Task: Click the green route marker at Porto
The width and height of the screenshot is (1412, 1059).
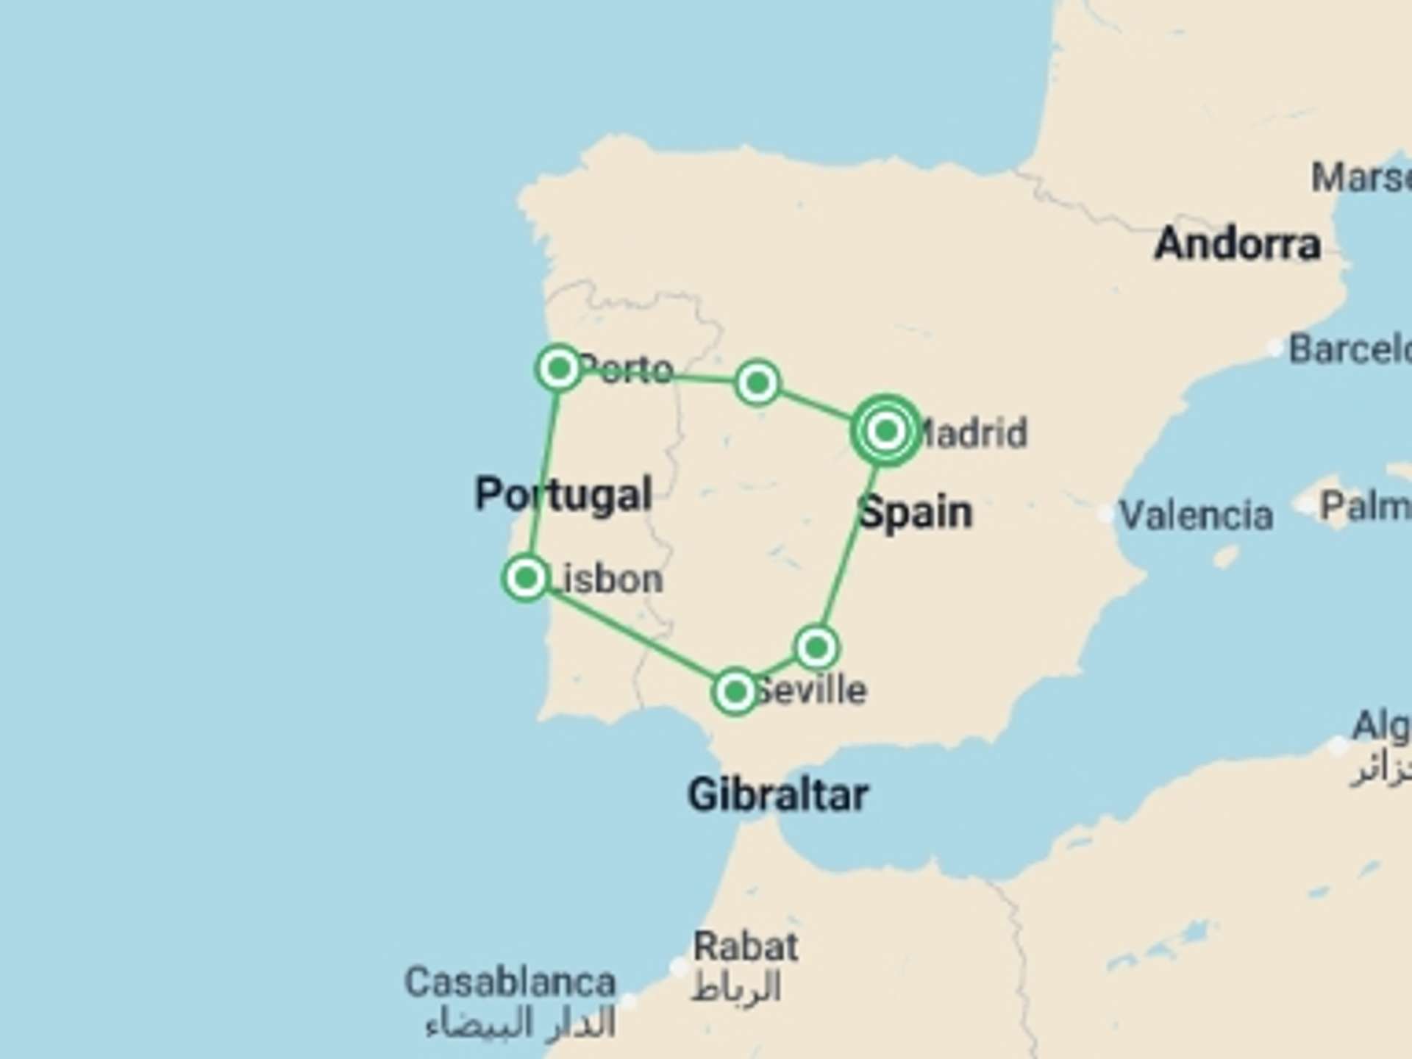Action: tap(559, 367)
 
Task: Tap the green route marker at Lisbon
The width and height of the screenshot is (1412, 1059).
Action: tap(526, 578)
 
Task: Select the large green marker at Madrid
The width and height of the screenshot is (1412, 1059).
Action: tap(886, 431)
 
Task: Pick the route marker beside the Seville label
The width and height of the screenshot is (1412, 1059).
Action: tap(735, 691)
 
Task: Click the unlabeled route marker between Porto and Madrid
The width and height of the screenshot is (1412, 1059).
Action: tap(757, 382)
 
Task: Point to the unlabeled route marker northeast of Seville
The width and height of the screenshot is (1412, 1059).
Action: tap(816, 648)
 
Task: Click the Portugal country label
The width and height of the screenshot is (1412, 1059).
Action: tap(563, 494)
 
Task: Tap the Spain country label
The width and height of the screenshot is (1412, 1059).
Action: tap(916, 513)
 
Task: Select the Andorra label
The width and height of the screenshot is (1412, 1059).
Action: tap(1238, 244)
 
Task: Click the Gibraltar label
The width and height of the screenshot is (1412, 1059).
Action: tap(778, 795)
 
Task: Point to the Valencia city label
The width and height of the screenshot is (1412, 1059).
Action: tap(1197, 515)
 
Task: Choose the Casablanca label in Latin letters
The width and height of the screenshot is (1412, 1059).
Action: tap(510, 983)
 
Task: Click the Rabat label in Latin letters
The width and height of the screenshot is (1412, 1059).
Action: tap(746, 946)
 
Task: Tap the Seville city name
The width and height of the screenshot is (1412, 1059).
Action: tap(811, 691)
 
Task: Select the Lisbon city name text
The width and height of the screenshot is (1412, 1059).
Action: tap(607, 580)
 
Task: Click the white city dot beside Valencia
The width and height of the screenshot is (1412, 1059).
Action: tap(1105, 514)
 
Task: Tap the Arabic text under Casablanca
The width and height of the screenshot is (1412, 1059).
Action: tap(521, 1024)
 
